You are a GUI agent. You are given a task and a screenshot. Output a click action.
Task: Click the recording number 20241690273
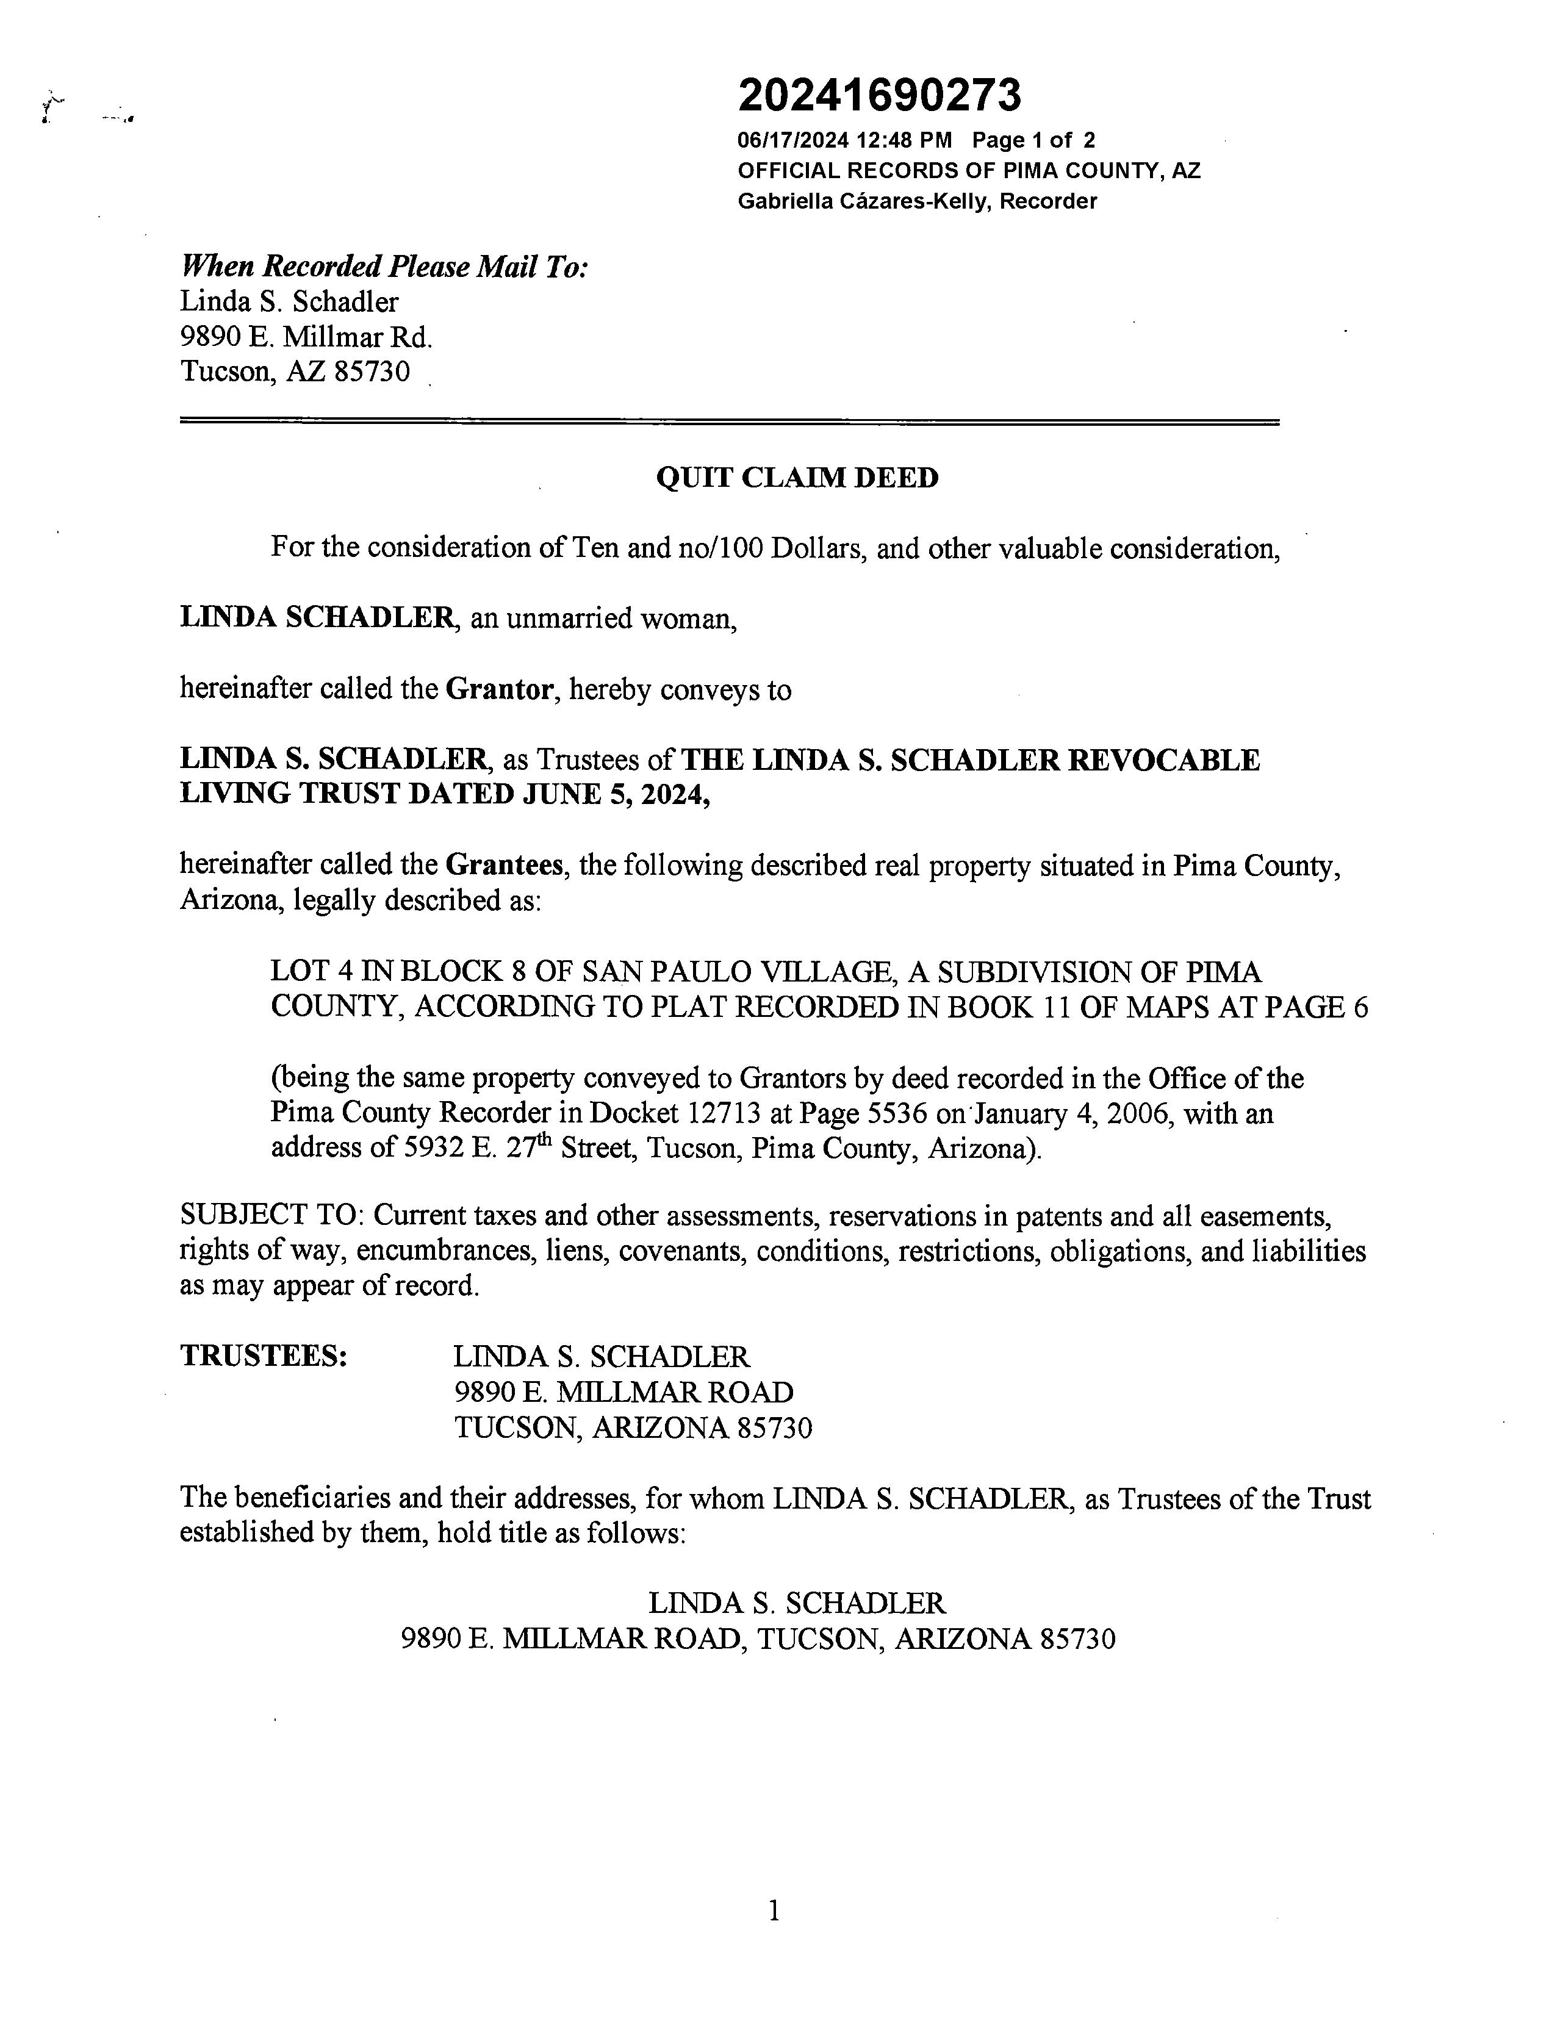880,95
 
